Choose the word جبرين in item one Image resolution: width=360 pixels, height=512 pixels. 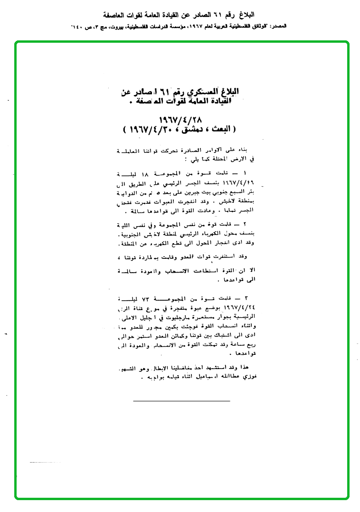pos(177,192)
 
